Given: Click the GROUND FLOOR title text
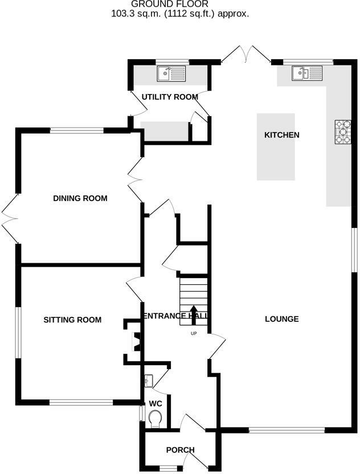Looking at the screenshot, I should coord(180,4).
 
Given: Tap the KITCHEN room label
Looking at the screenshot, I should coord(281,135).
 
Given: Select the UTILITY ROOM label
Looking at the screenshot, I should coord(170,97).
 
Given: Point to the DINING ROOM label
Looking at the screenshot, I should coord(80,198).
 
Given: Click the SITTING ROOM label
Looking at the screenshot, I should coord(72,320).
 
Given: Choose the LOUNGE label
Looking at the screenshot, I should coord(281,319).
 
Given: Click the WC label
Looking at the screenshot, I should coord(156,403).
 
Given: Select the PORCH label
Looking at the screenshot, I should coord(180,450).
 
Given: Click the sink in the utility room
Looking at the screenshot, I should coord(171,73).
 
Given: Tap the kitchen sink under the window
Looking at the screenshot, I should coord(307,73).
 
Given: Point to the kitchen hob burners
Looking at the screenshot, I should coord(342,132).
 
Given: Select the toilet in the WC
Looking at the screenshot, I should coord(155,419).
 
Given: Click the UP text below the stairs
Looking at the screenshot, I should coord(194,334).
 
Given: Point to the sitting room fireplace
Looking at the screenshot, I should coord(136,341).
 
